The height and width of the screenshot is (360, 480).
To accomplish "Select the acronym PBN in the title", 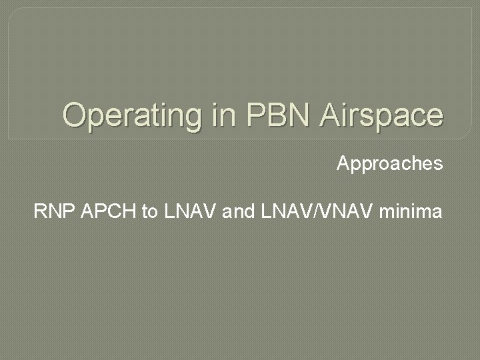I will tap(279, 115).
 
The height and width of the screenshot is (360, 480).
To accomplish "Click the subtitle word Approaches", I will tap(389, 164).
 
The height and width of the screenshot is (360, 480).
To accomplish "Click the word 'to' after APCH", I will tap(150, 213).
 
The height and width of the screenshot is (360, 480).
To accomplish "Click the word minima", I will tap(410, 213).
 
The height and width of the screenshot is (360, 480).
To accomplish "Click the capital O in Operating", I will tap(75, 115).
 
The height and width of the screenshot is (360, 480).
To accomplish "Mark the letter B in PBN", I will tap(279, 115).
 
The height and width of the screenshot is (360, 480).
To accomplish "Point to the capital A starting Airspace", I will tap(332, 115).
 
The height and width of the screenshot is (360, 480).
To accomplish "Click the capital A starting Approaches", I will tap(343, 164).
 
